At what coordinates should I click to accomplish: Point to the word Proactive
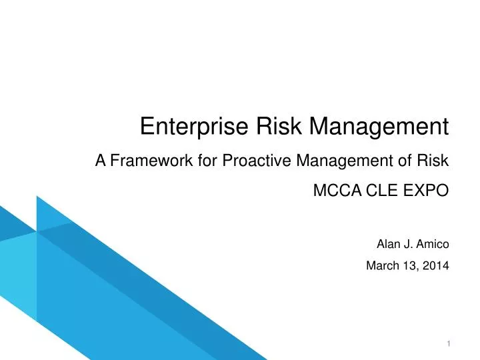(x=256, y=161)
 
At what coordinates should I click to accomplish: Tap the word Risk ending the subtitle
(x=435, y=161)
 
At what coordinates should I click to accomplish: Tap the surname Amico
(x=433, y=244)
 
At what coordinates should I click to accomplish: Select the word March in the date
(x=383, y=266)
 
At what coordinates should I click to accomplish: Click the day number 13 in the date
(x=411, y=266)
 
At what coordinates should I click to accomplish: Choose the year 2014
(x=437, y=266)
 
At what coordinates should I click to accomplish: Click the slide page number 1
(x=449, y=343)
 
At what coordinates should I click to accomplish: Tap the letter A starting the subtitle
(x=101, y=161)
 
